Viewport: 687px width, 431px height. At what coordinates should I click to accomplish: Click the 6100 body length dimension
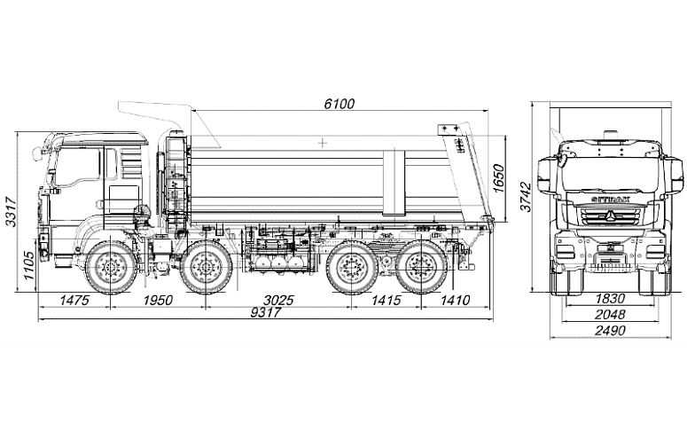point(339,104)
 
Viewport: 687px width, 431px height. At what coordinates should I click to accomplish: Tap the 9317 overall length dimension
point(265,312)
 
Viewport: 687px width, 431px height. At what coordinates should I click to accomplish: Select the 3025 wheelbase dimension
point(279,301)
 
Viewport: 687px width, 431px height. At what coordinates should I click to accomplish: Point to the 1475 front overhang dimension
point(74,301)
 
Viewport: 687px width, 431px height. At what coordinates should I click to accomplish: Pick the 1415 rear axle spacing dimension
point(386,301)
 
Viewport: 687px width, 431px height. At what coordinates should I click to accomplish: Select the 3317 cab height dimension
point(11,211)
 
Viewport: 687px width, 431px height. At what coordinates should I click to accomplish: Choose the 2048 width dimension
point(611,314)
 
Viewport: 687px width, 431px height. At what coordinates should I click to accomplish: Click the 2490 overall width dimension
point(611,330)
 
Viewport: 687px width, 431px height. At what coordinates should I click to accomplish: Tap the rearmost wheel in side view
point(418,265)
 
